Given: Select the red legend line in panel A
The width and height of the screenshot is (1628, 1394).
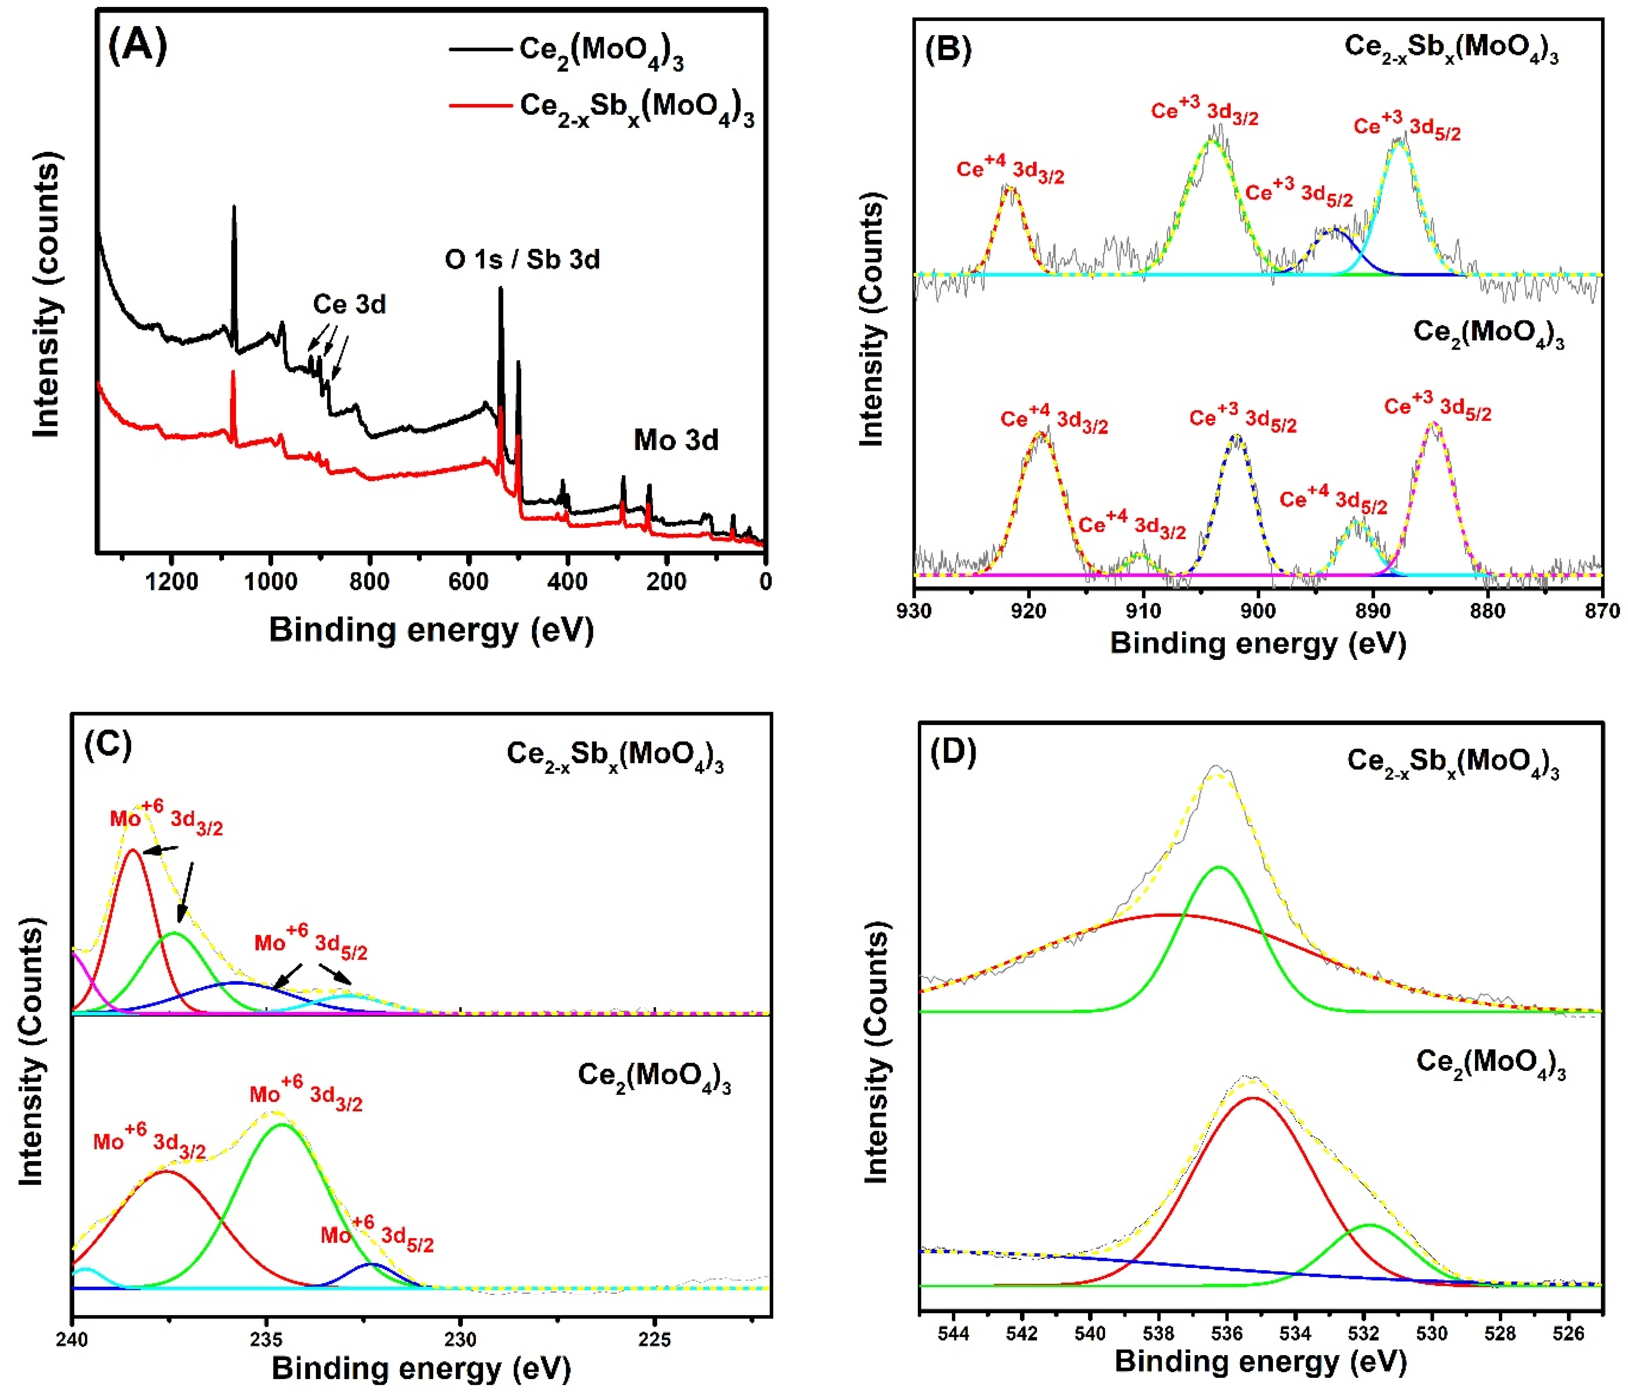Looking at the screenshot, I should pos(480,105).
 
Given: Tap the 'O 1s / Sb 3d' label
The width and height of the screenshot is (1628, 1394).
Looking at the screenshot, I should pos(523,259).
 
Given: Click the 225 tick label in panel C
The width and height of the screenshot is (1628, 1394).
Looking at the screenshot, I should pos(655,1338).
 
